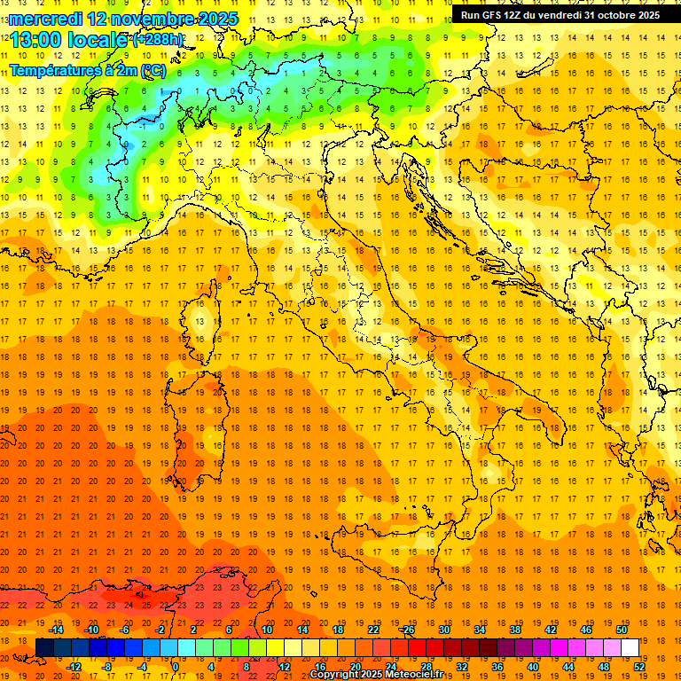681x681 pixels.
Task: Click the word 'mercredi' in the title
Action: click(45, 19)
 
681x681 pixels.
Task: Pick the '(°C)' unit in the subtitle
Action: click(153, 69)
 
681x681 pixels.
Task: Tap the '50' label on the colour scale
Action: click(622, 629)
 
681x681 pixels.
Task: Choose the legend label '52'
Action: click(638, 667)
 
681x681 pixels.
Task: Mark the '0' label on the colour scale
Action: click(176, 667)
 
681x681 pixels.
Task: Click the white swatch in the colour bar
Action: click(630, 647)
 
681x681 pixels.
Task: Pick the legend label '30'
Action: click(443, 629)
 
